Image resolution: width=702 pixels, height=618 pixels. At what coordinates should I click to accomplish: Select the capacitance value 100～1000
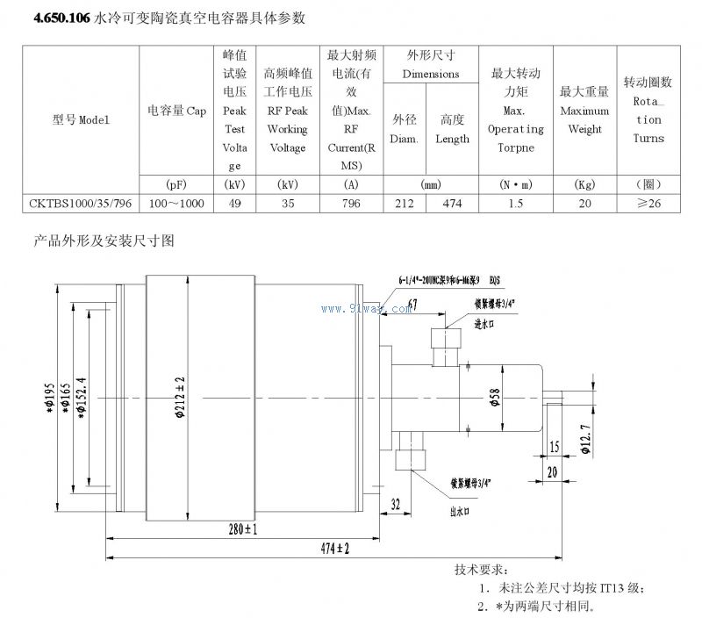pyautogui.click(x=175, y=204)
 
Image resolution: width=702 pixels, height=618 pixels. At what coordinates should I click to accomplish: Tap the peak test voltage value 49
pyautogui.click(x=234, y=204)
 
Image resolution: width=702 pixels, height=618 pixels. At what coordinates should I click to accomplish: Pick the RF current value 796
pyautogui.click(x=351, y=204)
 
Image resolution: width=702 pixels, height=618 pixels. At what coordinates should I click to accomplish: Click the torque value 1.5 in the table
pyautogui.click(x=515, y=204)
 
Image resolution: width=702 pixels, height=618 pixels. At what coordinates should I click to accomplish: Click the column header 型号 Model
pyautogui.click(x=81, y=120)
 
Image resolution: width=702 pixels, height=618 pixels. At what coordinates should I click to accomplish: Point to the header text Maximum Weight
pyautogui.click(x=584, y=120)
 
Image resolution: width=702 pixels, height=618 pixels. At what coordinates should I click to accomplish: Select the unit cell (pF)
pyautogui.click(x=175, y=185)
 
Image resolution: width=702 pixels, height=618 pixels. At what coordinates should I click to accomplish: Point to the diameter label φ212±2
pyautogui.click(x=179, y=396)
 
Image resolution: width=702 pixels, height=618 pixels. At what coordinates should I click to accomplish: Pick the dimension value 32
pyautogui.click(x=395, y=504)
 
